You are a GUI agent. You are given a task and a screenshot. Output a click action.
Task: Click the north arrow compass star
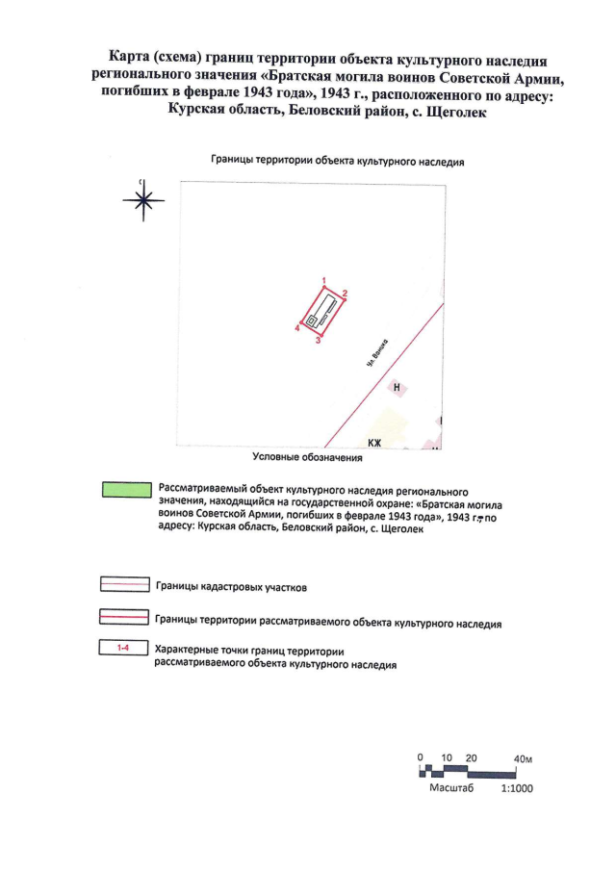pyautogui.click(x=142, y=199)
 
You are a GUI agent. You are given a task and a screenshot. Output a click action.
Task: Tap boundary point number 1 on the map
pyautogui.click(x=324, y=279)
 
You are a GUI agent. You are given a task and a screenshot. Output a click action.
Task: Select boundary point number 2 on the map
pyautogui.click(x=345, y=292)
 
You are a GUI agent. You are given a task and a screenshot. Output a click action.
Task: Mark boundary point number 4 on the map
pyautogui.click(x=297, y=328)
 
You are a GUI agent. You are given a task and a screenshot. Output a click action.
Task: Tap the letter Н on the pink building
pyautogui.click(x=397, y=386)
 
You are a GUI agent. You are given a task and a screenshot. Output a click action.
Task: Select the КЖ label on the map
pyautogui.click(x=374, y=443)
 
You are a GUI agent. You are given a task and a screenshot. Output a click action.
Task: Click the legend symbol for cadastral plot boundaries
pyautogui.click(x=126, y=584)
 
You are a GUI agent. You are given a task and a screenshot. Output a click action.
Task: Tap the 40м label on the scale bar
pyautogui.click(x=524, y=758)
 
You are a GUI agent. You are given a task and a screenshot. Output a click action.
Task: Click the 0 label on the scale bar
pyautogui.click(x=421, y=758)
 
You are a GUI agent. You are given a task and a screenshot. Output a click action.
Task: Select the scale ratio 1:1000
pyautogui.click(x=518, y=787)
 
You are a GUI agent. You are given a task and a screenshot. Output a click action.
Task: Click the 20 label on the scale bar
pyautogui.click(x=471, y=758)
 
